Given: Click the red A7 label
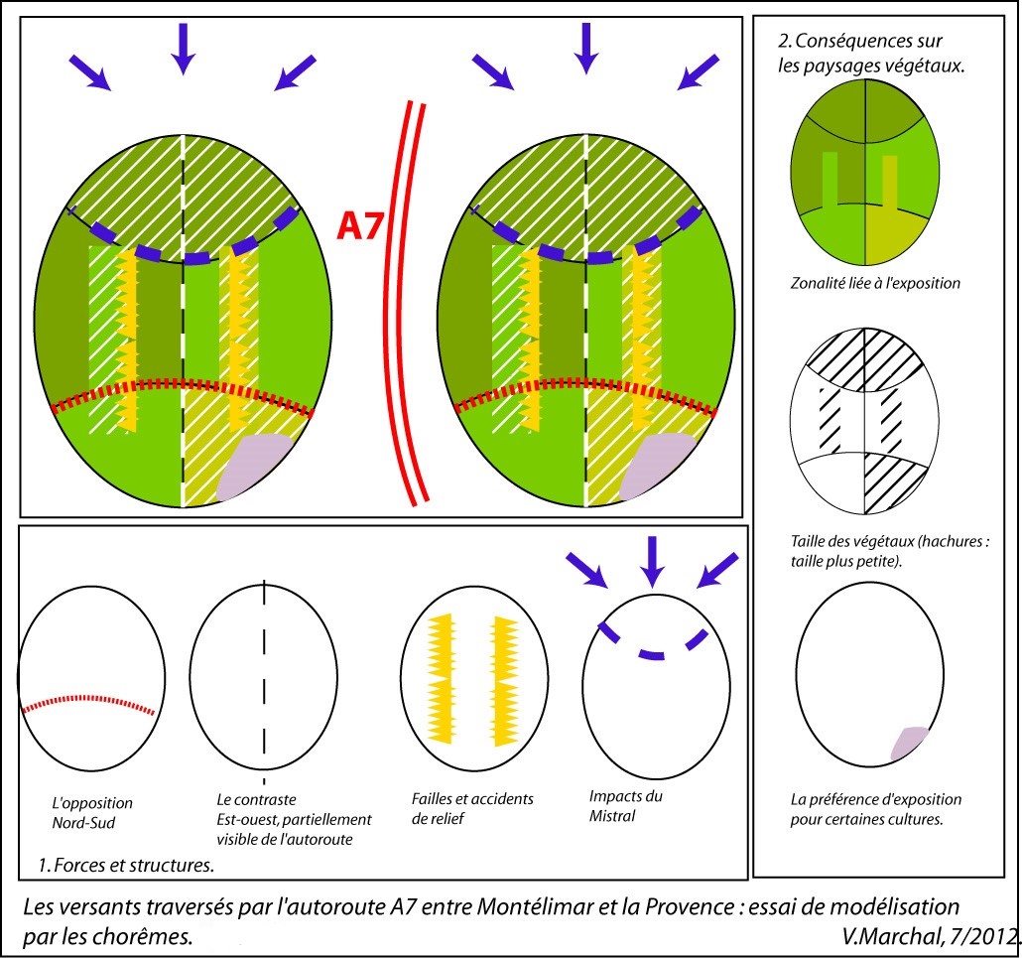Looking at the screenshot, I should [x=361, y=225].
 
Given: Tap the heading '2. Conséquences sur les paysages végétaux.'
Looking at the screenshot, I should [x=859, y=54].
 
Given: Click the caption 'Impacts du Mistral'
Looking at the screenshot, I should [x=625, y=806].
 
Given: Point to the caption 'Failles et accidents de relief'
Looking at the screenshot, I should [x=472, y=808].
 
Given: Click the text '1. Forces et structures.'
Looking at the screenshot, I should [x=126, y=865].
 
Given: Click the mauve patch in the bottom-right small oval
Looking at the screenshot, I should [x=908, y=743].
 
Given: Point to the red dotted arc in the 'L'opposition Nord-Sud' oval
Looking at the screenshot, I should [x=89, y=696].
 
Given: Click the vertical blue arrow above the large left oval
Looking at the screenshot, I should [x=182, y=46].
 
